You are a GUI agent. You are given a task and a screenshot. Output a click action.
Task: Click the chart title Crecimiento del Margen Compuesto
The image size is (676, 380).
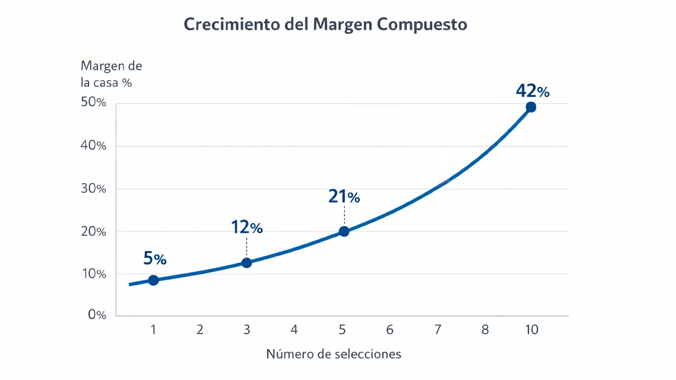(x=326, y=25)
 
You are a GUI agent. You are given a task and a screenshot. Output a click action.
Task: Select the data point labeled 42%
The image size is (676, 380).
(x=531, y=107)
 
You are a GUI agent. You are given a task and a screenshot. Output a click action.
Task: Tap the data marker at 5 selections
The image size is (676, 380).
(x=344, y=231)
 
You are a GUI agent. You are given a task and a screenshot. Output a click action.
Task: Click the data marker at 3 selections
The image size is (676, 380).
(x=246, y=263)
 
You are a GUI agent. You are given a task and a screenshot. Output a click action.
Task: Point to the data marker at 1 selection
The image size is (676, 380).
(x=153, y=280)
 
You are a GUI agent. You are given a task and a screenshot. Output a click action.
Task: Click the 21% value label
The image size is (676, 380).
(x=344, y=196)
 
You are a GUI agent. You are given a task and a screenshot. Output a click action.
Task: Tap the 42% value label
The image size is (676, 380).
(x=532, y=91)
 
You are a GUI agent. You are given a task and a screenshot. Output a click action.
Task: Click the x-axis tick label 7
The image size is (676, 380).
(x=437, y=330)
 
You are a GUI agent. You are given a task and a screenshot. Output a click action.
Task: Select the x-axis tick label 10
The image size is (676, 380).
(x=531, y=330)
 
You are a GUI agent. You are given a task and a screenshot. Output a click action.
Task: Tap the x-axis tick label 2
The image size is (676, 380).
(x=200, y=330)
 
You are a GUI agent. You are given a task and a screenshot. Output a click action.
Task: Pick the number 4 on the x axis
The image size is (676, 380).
(x=294, y=330)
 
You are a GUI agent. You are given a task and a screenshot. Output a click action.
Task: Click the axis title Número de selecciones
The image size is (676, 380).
(x=333, y=354)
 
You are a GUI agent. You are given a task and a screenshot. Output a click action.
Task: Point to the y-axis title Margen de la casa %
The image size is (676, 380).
(x=111, y=74)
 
